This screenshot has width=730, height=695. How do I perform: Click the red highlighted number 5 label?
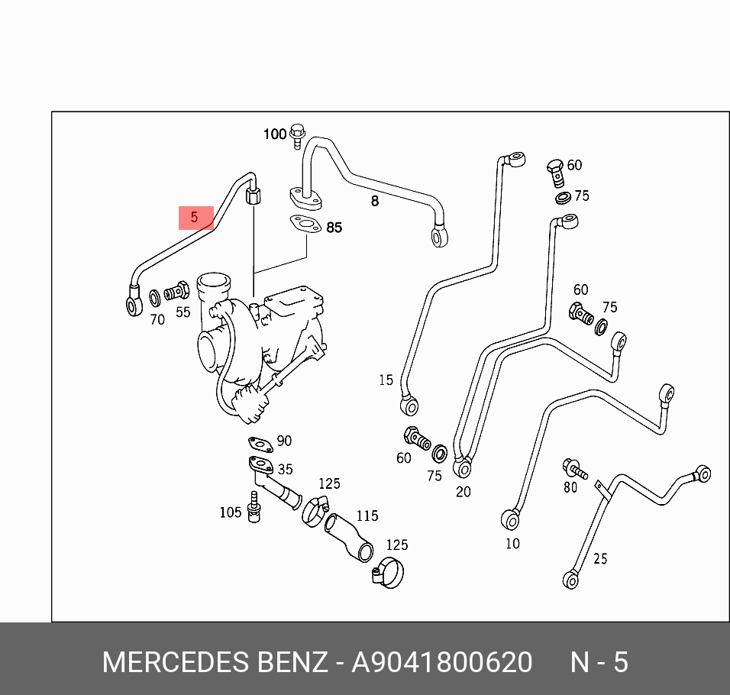click(x=195, y=218)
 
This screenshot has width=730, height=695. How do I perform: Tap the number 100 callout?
click(x=275, y=134)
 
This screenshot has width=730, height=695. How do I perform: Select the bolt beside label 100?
click(x=298, y=135)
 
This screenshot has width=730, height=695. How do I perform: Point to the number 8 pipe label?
click(x=374, y=202)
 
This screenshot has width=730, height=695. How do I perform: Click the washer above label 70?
click(x=154, y=296)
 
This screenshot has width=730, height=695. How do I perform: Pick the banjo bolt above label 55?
click(x=178, y=291)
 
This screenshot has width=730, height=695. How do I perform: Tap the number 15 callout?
click(x=386, y=380)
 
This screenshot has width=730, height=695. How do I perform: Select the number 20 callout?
click(x=464, y=492)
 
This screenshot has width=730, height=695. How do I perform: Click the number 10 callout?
click(x=512, y=544)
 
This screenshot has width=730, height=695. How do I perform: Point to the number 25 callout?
click(x=600, y=559)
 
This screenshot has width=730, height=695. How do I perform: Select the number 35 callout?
click(x=285, y=470)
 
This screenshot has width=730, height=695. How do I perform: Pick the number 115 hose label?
click(x=367, y=516)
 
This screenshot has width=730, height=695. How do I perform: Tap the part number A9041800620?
click(x=441, y=662)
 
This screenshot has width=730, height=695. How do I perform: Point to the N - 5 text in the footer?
click(x=599, y=662)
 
